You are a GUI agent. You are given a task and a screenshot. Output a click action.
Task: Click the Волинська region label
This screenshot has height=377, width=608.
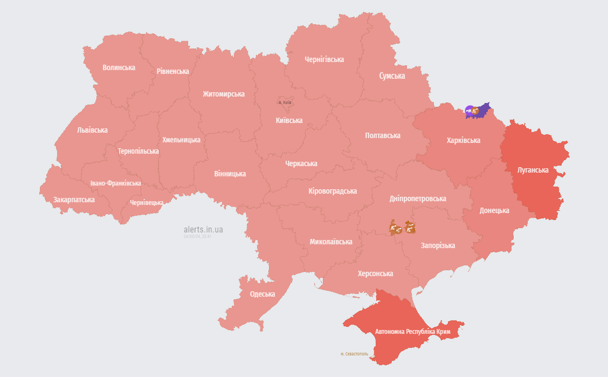119,67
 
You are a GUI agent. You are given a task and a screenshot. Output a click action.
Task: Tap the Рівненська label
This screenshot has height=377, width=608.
172,71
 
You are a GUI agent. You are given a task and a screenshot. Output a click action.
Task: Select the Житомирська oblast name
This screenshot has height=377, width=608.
223,94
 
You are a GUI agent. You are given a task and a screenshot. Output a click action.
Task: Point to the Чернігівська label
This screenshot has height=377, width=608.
324,59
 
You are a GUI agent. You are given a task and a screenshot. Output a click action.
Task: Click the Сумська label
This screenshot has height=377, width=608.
391,76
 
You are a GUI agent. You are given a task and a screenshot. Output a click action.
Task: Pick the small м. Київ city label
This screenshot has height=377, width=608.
285,102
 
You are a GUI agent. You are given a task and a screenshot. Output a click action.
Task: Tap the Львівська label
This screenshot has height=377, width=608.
92,130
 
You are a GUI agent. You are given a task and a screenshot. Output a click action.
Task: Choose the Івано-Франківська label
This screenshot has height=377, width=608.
115,183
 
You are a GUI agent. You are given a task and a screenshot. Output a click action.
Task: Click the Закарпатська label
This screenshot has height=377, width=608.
74,200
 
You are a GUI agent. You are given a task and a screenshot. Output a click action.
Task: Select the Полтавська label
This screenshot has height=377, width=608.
382,135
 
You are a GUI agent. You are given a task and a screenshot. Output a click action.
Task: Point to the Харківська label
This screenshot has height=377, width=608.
463,140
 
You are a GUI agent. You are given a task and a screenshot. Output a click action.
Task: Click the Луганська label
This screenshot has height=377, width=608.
533,170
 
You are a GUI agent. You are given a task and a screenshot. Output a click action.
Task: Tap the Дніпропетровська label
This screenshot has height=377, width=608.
417,198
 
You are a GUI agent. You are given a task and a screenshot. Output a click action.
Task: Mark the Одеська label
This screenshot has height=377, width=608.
262,294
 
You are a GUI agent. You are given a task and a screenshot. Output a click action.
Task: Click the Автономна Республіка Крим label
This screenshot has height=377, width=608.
412,331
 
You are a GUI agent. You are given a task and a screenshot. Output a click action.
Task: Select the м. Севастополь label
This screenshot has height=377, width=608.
354,354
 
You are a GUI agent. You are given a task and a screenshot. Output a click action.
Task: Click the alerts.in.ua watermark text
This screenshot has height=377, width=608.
203,230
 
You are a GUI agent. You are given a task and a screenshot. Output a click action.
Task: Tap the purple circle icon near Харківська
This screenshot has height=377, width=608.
469,111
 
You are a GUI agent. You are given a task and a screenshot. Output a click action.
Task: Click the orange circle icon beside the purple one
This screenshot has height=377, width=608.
475,111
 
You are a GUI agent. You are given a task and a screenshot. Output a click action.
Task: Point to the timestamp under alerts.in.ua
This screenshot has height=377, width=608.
197,236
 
